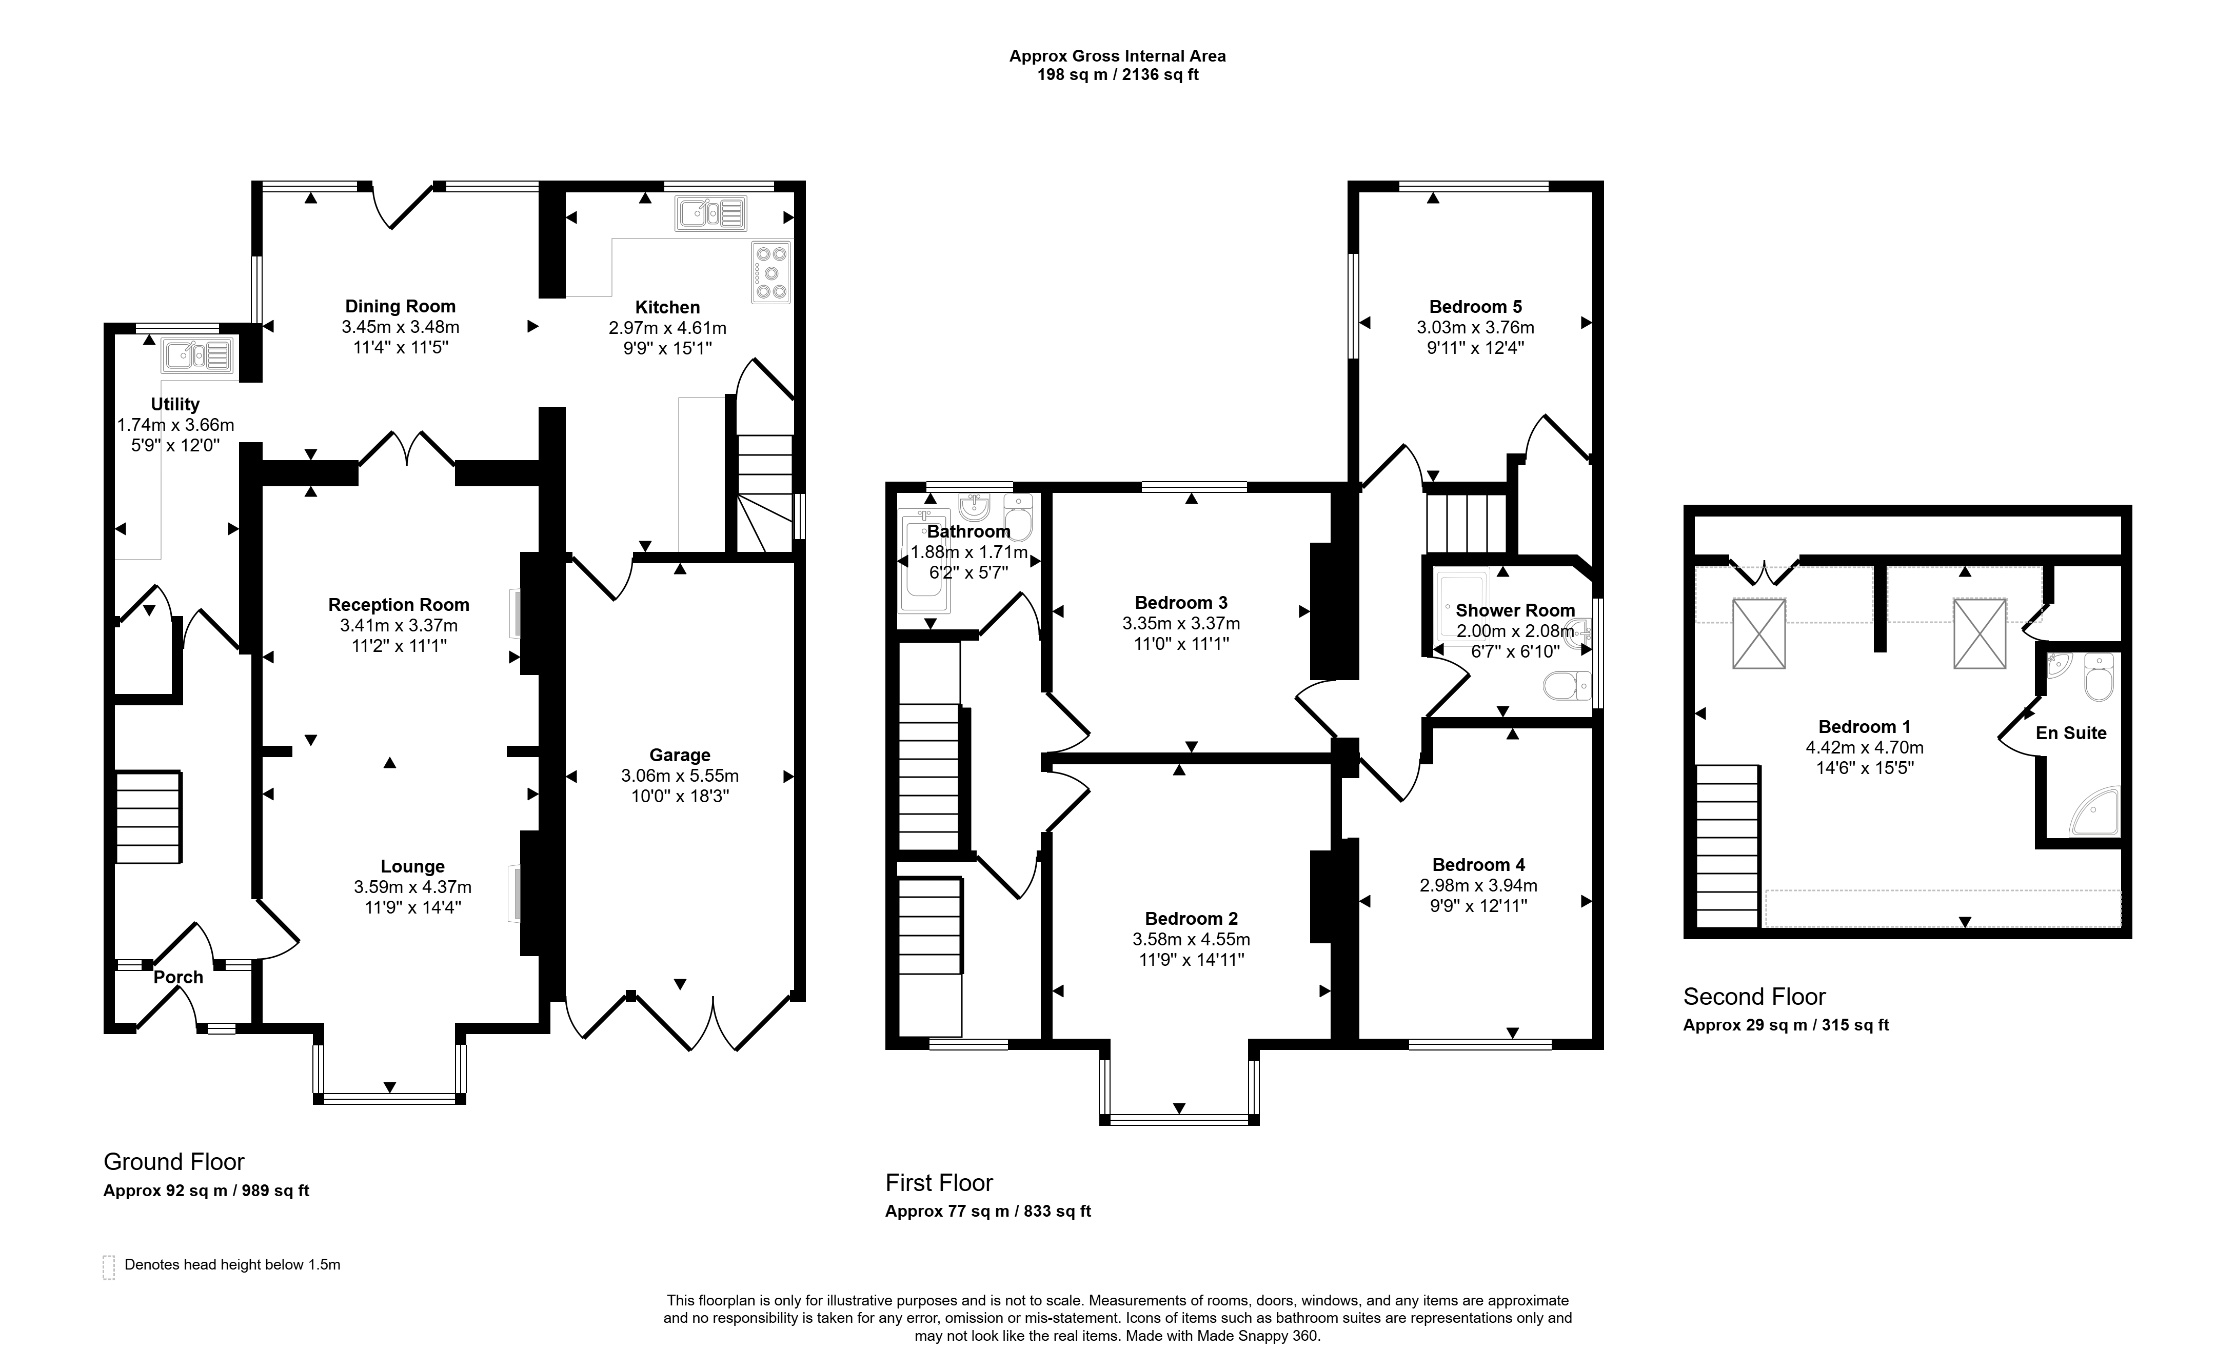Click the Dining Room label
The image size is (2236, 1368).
400,307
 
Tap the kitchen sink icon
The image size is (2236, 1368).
710,214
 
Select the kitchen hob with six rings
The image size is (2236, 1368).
772,272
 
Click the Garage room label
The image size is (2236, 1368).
680,755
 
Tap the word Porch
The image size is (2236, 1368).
178,977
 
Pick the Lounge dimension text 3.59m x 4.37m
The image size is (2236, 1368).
413,887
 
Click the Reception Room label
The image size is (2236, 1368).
399,605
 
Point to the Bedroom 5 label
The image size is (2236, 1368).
1476,307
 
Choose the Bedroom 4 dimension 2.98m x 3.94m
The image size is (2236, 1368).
1478,885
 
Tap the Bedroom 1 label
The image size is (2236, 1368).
1865,727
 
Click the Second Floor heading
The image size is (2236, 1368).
1754,997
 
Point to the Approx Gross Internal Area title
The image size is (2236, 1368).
1118,56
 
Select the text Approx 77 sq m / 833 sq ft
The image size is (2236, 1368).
988,1211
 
